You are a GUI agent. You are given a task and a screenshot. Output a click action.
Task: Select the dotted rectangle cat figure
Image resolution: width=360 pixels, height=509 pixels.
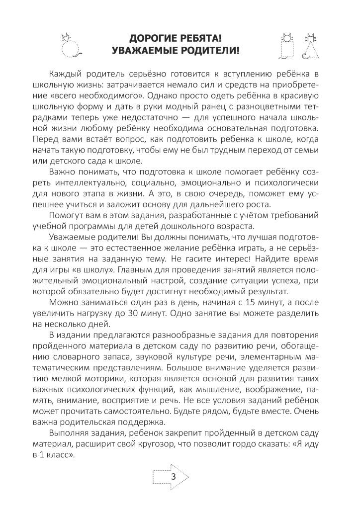[286, 45]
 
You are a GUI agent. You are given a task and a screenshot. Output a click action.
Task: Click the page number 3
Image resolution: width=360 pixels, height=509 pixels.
[174, 477]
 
